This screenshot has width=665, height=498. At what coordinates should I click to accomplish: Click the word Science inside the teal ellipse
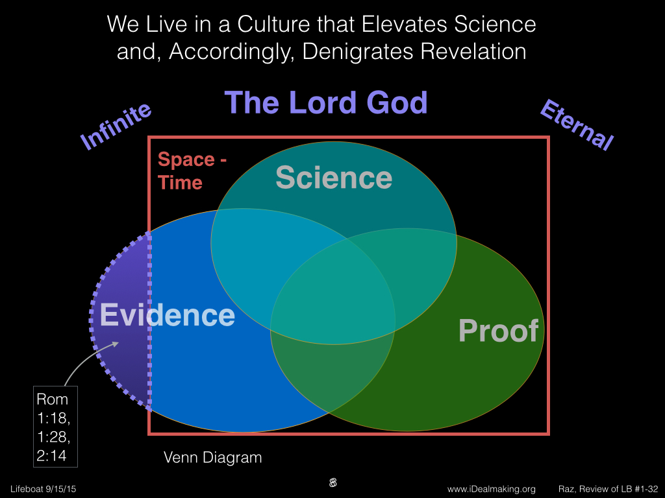334,178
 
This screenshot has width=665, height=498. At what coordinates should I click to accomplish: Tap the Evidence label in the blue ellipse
167,315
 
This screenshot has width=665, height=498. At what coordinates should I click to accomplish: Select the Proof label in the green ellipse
498,330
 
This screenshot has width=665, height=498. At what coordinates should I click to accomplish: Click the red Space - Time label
192,171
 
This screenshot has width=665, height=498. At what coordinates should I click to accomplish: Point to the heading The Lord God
326,102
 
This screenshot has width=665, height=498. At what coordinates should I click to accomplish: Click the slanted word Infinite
116,126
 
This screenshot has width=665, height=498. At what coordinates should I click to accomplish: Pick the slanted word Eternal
577,124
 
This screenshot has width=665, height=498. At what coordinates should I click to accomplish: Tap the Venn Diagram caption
212,457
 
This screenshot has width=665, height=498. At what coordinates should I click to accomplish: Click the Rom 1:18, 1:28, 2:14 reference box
56,427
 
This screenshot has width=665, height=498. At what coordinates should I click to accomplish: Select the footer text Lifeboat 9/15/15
44,489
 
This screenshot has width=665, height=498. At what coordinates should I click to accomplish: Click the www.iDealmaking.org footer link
491,489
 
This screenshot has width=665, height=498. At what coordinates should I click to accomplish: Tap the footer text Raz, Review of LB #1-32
608,489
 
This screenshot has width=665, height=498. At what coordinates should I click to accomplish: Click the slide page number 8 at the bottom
333,482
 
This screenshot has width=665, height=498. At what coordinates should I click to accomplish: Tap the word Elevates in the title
405,24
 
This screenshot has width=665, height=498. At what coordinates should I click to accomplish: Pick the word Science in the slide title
496,24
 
